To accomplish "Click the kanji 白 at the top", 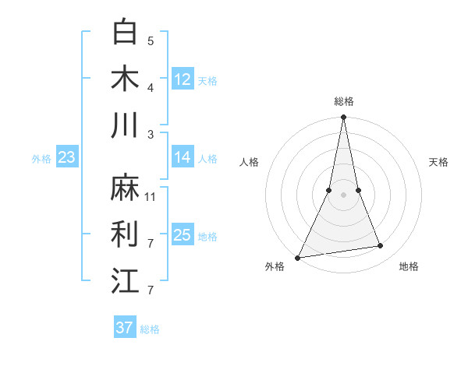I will pos(125,32).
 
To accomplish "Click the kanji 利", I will pos(125,234).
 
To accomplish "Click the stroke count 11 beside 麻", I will pos(151,197).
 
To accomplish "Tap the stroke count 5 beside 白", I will pos(151,40).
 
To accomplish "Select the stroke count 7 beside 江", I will pos(151,290).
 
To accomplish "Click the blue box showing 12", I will pos(183,79).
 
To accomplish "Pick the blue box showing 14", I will pos(183,157).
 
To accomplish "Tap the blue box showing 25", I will pos(183,235).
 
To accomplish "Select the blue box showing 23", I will pos(67,158).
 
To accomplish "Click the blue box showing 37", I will pos(124,328).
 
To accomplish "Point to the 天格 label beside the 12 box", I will pos(207,81).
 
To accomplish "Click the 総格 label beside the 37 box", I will pos(150,329).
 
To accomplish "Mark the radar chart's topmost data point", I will pos(343,118).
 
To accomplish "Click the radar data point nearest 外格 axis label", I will pos(298,257).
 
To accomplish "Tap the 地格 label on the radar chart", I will pos(409,267).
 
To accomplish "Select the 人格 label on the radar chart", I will pos(250,162).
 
